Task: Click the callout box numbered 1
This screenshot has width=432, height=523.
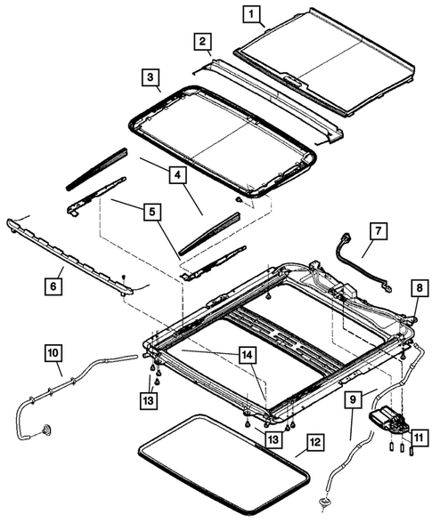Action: click(x=254, y=13)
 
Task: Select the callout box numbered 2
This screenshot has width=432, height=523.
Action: click(x=204, y=41)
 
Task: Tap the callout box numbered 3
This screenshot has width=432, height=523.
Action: click(x=152, y=76)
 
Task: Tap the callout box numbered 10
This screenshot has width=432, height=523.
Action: click(x=55, y=353)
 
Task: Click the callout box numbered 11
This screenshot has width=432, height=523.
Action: click(x=417, y=437)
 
